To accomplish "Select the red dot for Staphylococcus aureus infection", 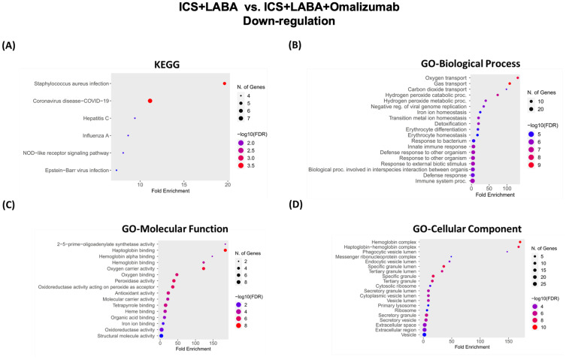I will coord(224,84).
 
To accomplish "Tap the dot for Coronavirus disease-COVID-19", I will coord(150,101).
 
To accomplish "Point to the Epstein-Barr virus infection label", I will coord(77,171).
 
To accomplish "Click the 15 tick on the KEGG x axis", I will coord(184,183).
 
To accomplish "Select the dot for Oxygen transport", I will coord(517,77).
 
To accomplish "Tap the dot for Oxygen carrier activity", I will coord(203,268).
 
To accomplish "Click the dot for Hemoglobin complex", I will coord(519,242).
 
